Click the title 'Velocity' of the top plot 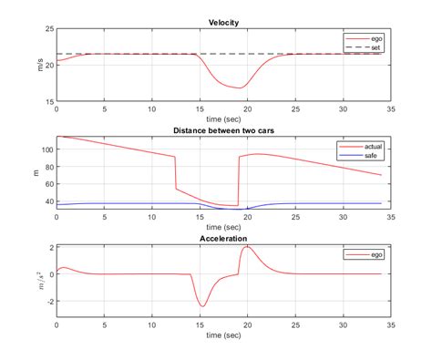point(224,21)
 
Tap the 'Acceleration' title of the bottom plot point(224,239)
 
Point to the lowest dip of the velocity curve point(242,88)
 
